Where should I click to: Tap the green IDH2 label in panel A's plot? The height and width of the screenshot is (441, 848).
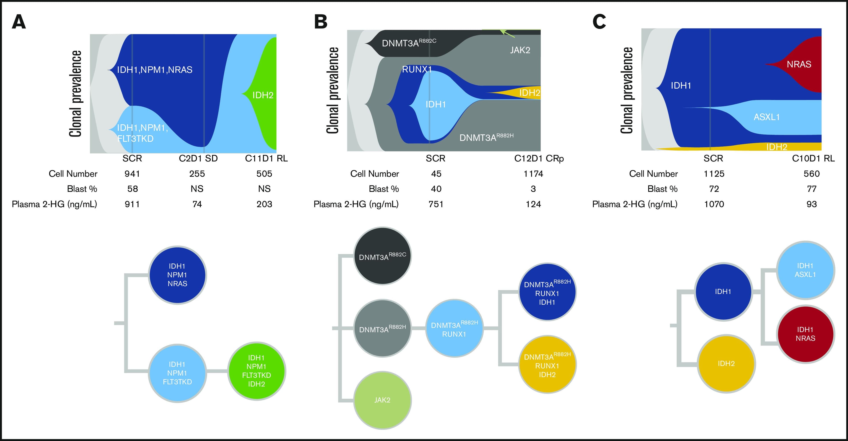(x=263, y=95)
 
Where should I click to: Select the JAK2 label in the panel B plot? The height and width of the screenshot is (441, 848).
(x=520, y=50)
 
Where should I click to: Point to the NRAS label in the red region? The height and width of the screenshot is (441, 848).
(x=799, y=64)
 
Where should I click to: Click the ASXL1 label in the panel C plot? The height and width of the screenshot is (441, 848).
(x=767, y=117)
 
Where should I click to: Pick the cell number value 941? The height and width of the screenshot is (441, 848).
(x=132, y=174)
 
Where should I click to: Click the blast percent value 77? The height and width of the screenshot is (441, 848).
(x=812, y=189)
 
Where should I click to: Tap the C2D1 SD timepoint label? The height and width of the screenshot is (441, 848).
(x=198, y=159)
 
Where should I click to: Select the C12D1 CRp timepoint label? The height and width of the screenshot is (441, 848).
(x=539, y=159)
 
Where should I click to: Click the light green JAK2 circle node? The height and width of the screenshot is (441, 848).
(x=382, y=400)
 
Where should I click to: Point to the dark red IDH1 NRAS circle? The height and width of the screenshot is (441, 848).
(x=805, y=334)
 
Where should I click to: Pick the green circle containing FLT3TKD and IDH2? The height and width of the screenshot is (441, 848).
(x=256, y=371)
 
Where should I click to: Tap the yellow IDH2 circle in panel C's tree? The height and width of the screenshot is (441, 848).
(x=726, y=364)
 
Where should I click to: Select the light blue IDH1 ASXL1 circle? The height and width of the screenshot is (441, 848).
(x=805, y=270)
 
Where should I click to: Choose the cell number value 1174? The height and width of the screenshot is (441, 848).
(x=533, y=174)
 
